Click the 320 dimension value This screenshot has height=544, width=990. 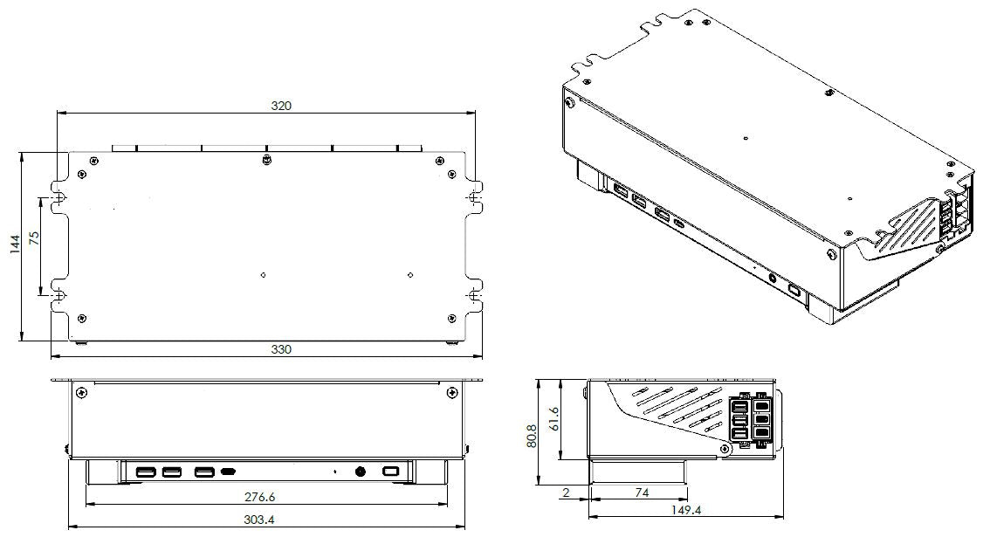(x=280, y=106)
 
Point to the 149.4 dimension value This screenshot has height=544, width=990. (x=685, y=510)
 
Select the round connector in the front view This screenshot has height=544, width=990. (x=360, y=472)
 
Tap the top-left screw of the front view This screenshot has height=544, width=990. (x=81, y=394)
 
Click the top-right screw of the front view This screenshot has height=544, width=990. (x=450, y=394)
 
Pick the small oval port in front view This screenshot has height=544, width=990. (x=229, y=472)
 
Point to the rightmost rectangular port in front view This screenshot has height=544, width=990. (x=390, y=472)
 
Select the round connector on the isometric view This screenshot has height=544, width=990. (x=772, y=279)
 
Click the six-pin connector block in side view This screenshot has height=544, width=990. (x=749, y=420)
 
